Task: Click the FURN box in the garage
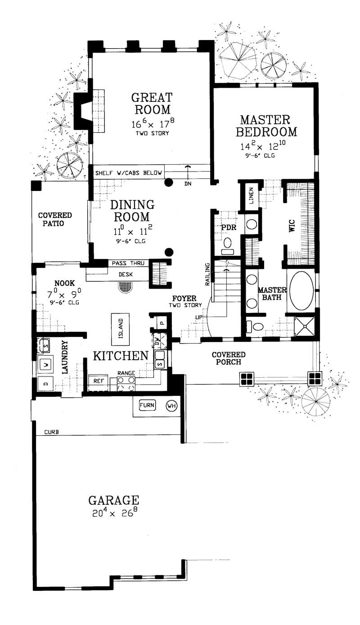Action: [147, 405]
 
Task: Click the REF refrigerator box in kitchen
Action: [98, 380]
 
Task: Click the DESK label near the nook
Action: [125, 274]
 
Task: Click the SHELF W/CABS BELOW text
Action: [128, 172]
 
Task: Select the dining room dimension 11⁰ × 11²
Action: [132, 233]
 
